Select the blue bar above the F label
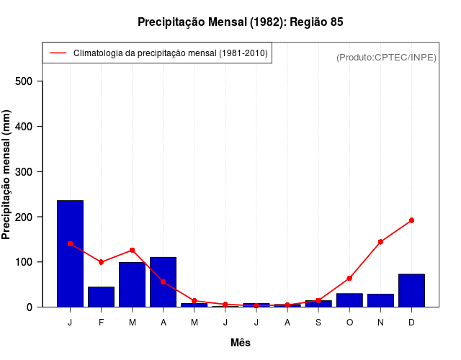(x=101, y=297)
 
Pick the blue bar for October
(x=349, y=300)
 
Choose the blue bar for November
(x=380, y=300)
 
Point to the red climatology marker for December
(x=411, y=220)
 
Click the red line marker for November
(x=380, y=242)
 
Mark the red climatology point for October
(x=349, y=278)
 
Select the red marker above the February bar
(x=101, y=262)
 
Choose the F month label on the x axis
(x=101, y=322)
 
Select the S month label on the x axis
(x=318, y=322)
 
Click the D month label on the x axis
(x=411, y=322)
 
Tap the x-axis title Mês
(x=241, y=343)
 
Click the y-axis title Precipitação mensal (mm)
(x=7, y=180)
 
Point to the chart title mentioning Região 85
(x=241, y=22)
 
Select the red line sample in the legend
(x=58, y=53)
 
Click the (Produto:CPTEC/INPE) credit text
(x=386, y=57)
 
